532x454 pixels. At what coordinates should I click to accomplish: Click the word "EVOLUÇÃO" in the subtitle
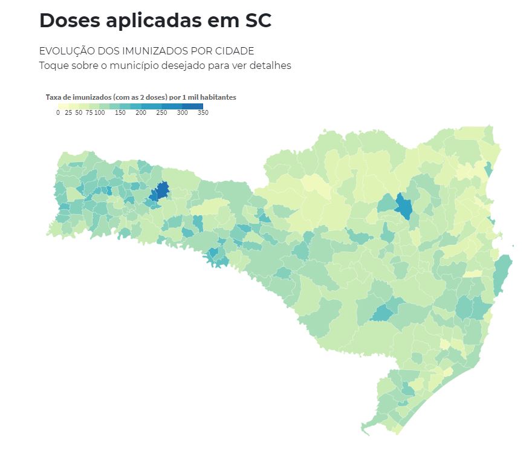point(66,51)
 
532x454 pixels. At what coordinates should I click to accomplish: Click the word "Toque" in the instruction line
point(54,65)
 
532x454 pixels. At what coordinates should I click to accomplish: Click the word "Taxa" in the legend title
point(53,97)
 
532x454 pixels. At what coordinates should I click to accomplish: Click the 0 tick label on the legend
point(58,112)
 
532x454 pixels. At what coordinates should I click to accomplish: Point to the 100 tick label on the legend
point(100,112)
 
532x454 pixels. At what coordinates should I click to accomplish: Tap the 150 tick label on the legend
point(120,112)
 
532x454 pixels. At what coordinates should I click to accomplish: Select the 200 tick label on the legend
point(141,112)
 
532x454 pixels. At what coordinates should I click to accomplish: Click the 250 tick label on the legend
point(161,112)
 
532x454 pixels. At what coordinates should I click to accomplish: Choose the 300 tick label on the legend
point(182,112)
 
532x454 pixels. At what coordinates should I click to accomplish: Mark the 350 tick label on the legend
point(203,112)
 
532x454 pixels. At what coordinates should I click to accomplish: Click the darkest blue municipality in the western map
point(160,192)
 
